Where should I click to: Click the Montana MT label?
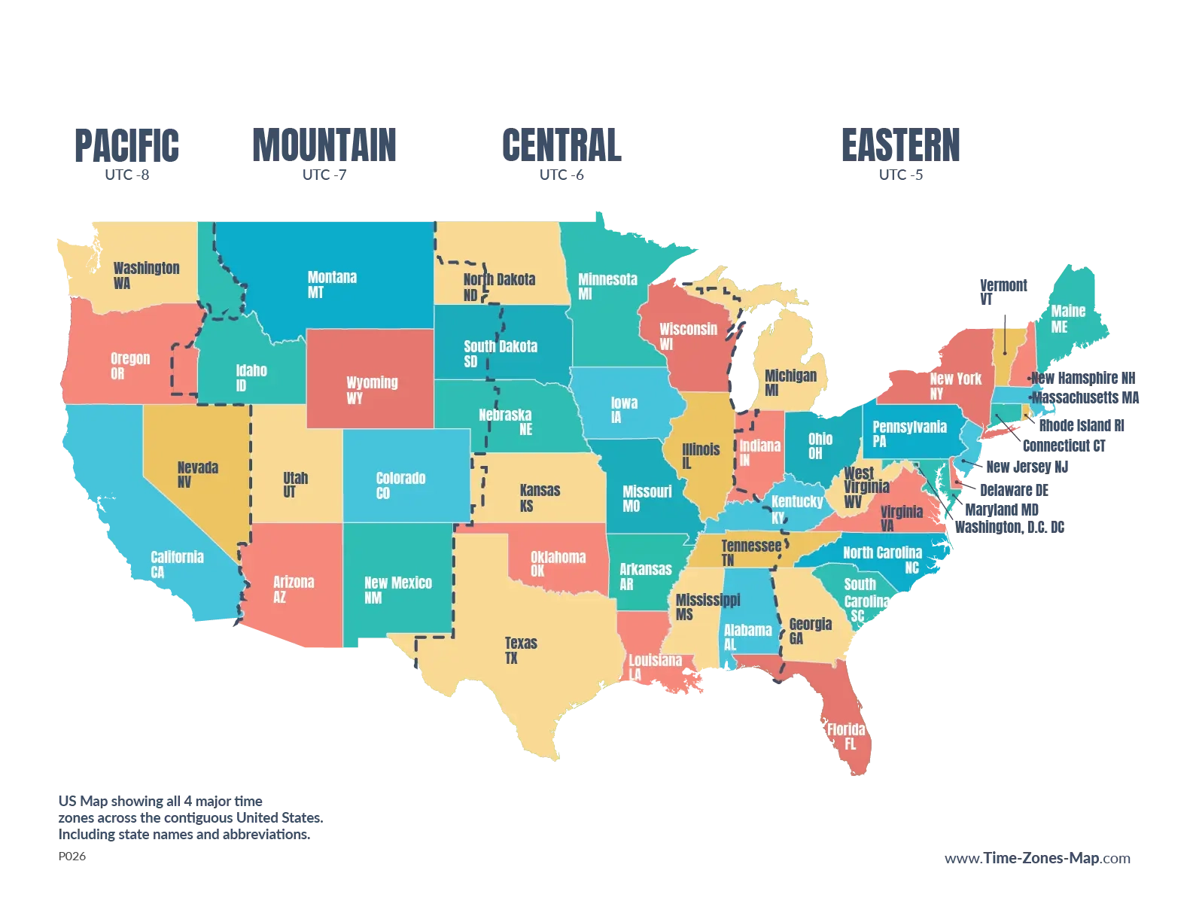(x=332, y=285)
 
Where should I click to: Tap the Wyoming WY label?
(x=371, y=389)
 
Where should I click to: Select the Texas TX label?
(x=520, y=650)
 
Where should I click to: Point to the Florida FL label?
(x=845, y=736)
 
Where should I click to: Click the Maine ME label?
(x=1067, y=318)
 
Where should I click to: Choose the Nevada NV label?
(x=197, y=474)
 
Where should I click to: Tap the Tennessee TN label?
(x=750, y=552)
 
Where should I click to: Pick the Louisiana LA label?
(x=654, y=667)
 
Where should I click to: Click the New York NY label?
(x=954, y=385)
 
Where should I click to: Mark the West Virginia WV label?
(x=865, y=487)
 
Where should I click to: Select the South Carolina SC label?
(x=866, y=600)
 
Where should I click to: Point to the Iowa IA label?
(x=623, y=409)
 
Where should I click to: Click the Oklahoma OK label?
(x=557, y=563)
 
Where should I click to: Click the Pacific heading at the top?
(x=126, y=145)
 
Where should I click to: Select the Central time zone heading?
(x=562, y=145)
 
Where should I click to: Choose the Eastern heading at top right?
(x=900, y=145)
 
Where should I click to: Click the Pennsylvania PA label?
(x=908, y=434)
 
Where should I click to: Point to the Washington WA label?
(x=146, y=275)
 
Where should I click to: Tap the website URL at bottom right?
(x=1037, y=859)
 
